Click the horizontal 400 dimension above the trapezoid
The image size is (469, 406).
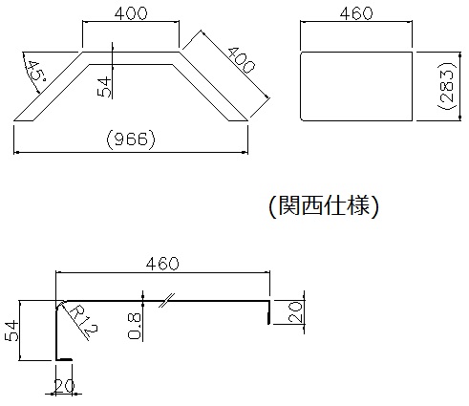(x=131, y=13)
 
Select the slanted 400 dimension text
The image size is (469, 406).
(x=242, y=60)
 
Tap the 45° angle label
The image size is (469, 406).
(x=35, y=71)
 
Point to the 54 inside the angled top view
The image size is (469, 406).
(x=104, y=87)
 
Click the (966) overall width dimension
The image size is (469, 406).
(x=131, y=139)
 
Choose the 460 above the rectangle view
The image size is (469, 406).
(x=356, y=13)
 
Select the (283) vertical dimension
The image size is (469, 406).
(x=446, y=86)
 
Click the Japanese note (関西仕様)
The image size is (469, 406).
(x=324, y=205)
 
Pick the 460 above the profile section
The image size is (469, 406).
(x=162, y=264)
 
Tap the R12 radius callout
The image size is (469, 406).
(x=83, y=322)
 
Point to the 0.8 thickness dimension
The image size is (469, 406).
(x=134, y=326)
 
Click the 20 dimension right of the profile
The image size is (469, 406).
(x=294, y=312)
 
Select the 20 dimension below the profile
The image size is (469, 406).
(x=64, y=386)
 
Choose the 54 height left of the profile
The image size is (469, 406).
(x=11, y=331)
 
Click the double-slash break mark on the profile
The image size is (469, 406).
(x=167, y=300)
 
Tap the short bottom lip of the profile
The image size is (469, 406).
(x=64, y=360)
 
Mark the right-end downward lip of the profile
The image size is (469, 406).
(x=269, y=312)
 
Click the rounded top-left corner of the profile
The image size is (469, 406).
(x=59, y=304)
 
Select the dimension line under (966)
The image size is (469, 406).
(x=131, y=153)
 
